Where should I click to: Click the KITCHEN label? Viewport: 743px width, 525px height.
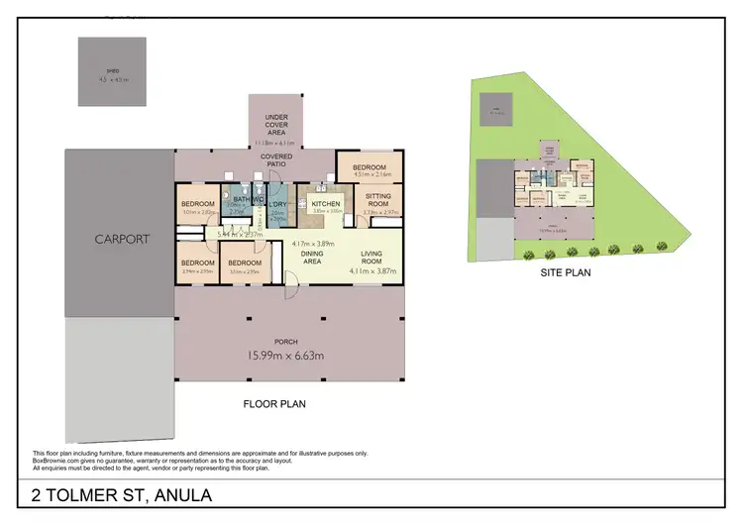coord(327,203)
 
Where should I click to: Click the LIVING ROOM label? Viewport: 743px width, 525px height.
coord(372,257)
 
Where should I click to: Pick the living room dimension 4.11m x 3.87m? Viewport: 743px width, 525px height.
coord(372,270)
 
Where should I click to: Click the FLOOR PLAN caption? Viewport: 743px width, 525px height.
coord(274,404)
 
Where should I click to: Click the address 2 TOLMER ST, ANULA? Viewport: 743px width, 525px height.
coord(122,495)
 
